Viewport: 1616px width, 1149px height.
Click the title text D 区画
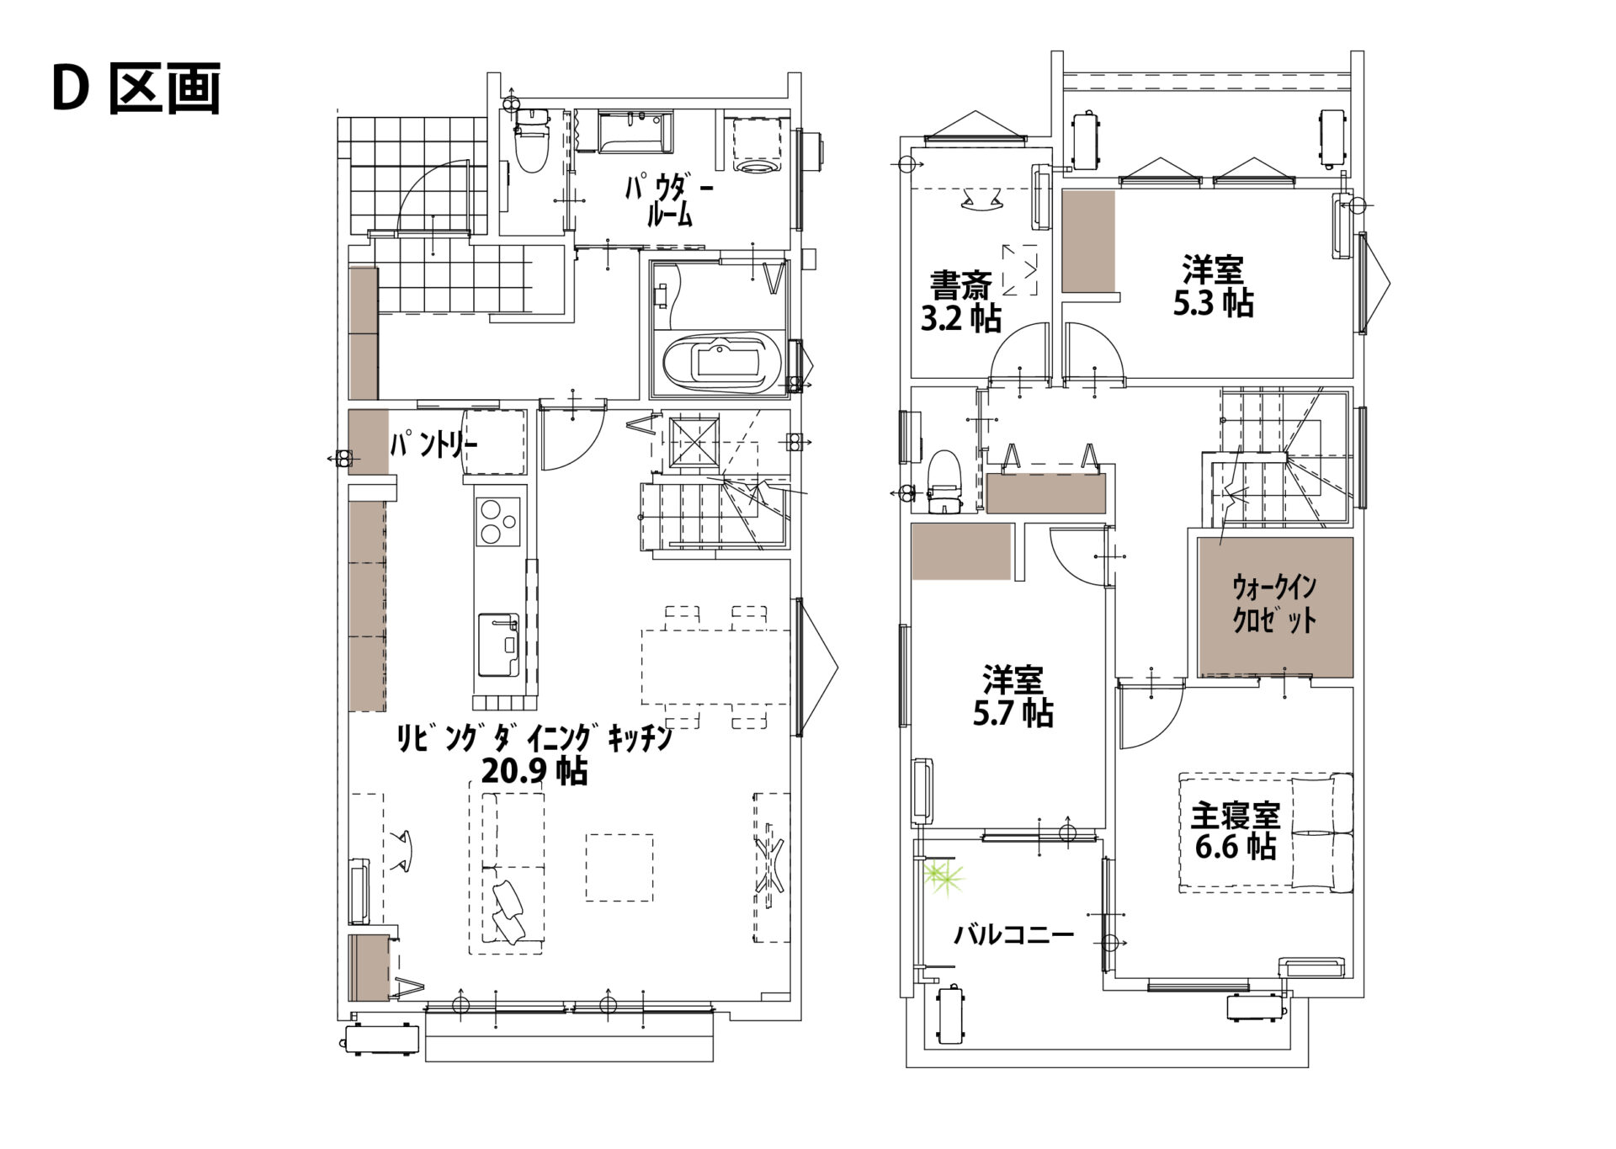(136, 88)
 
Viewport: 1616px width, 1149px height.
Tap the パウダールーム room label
(668, 200)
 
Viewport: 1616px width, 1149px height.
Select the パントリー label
(433, 444)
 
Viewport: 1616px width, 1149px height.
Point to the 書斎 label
(960, 285)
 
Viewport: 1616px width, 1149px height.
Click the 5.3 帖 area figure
(1213, 303)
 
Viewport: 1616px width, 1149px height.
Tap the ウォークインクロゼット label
(1274, 604)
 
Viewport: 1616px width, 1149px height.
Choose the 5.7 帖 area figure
(1013, 714)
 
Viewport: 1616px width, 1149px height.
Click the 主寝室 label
(1236, 815)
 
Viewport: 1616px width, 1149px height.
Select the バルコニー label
(1013, 934)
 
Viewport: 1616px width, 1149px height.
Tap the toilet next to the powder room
(531, 141)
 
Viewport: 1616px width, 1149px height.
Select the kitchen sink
(498, 645)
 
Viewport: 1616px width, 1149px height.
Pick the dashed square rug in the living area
(619, 867)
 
